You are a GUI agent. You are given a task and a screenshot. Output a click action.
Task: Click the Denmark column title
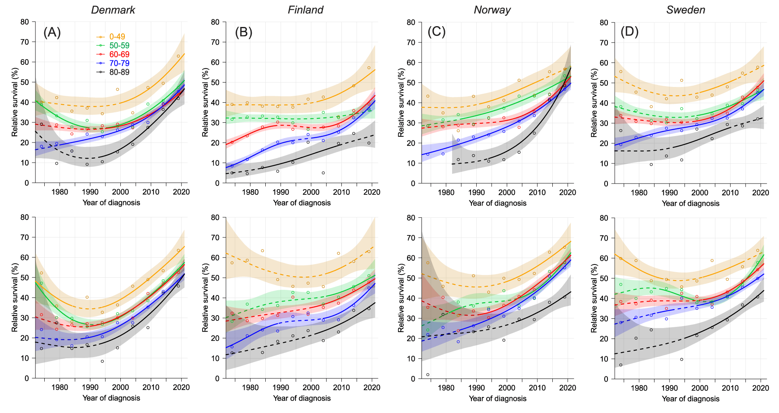pos(113,10)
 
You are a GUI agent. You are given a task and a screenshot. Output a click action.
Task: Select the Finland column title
pos(306,10)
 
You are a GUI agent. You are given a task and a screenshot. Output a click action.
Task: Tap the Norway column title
pos(492,10)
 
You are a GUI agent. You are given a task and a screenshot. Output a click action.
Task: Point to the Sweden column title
pos(686,10)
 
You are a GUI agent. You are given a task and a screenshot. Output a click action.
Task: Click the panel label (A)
pos(52,32)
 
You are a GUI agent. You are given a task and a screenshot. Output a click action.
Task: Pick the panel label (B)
pos(243,32)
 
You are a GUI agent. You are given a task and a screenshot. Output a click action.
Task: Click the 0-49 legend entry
pos(117,37)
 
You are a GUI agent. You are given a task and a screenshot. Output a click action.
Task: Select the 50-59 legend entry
pos(119,45)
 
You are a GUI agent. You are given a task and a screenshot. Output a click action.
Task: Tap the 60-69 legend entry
pos(119,54)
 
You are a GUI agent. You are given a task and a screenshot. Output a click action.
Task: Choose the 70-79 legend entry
pos(119,63)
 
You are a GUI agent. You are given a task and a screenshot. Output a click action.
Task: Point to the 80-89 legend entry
pos(119,72)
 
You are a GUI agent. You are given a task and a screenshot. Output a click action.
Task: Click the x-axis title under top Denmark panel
pos(111,202)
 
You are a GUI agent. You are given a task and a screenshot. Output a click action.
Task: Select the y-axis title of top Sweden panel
pos(594,103)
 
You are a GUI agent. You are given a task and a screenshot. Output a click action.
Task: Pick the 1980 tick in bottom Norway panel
pos(446,388)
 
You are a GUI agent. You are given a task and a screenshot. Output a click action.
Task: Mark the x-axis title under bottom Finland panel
pos(302,398)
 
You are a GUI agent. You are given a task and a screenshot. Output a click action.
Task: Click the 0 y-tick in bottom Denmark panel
pos(27,378)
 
